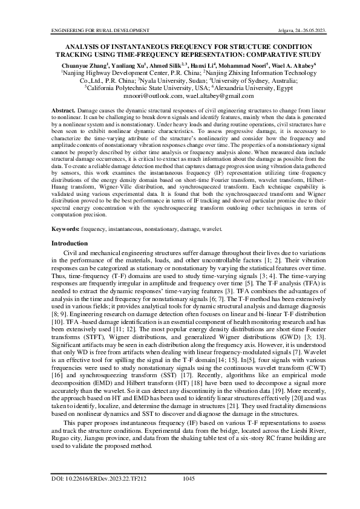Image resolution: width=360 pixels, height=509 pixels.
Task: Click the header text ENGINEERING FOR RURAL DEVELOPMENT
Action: [x=100, y=30]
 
